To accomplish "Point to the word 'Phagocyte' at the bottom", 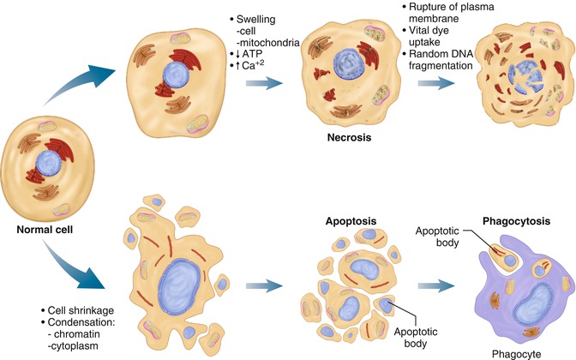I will coord(512,351).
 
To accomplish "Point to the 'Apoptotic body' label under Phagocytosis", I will coord(435,237).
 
